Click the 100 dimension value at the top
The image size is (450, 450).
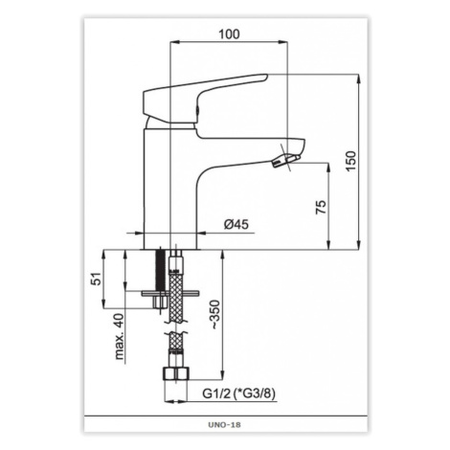coord(229,34)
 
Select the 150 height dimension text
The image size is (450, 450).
coord(350,161)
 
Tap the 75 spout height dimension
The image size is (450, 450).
coord(321,207)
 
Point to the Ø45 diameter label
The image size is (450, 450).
coord(236,224)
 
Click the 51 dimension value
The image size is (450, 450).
coord(97,279)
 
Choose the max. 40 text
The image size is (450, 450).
coord(119,337)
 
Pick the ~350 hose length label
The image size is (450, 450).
coord(214,314)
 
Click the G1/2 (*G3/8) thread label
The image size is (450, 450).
coord(238,394)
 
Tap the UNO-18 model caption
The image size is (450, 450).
coord(224,425)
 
